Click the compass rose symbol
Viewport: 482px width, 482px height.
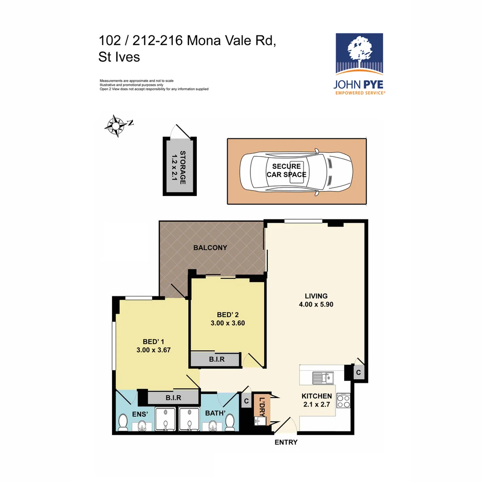click(x=116, y=126)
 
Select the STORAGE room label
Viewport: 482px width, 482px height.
click(x=182, y=167)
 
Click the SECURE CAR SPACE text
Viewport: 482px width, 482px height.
click(x=287, y=170)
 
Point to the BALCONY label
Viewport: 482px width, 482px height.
click(x=210, y=248)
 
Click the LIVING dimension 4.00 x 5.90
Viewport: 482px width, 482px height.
click(x=316, y=305)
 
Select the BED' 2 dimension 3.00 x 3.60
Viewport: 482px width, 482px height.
click(x=228, y=324)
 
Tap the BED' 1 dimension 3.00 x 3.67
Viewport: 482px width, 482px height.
click(x=154, y=350)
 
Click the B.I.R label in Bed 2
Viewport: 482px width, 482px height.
click(x=216, y=359)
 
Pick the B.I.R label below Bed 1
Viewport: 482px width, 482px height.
click(x=173, y=397)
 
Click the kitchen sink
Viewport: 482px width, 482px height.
click(x=323, y=378)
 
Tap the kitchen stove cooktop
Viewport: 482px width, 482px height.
click(x=343, y=401)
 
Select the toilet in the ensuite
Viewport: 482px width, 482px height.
click(x=122, y=421)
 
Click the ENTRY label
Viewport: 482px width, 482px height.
click(x=286, y=442)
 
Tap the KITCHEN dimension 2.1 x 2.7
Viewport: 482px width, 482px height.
click(x=316, y=404)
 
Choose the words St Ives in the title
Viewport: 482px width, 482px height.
click(x=119, y=57)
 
